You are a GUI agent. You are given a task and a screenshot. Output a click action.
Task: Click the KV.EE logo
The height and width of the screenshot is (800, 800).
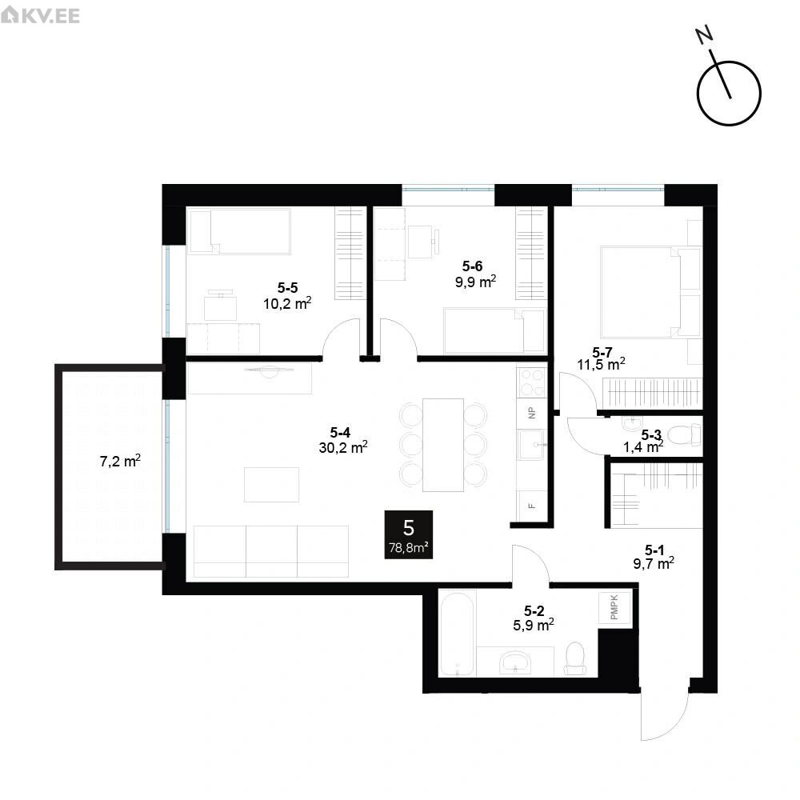click(40, 14)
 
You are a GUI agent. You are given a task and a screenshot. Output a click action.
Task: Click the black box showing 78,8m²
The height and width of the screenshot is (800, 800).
click(409, 534)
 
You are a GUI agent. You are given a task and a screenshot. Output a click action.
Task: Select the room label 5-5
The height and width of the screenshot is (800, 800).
click(288, 288)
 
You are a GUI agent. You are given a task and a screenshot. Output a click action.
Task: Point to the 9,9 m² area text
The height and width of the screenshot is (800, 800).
click(475, 282)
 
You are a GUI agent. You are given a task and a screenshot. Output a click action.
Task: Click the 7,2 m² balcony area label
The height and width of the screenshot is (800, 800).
click(120, 462)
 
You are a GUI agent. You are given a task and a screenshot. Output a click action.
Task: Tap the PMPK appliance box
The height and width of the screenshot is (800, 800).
click(614, 607)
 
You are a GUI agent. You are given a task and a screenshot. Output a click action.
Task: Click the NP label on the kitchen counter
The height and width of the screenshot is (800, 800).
click(532, 413)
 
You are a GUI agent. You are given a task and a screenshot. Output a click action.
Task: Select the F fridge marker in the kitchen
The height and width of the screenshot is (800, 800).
click(532, 506)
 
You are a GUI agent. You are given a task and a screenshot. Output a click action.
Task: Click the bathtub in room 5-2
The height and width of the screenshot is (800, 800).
click(457, 633)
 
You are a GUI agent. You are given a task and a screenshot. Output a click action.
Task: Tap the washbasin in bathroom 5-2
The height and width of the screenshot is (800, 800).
click(516, 662)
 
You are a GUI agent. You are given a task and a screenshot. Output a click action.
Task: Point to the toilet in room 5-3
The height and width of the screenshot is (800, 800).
click(684, 435)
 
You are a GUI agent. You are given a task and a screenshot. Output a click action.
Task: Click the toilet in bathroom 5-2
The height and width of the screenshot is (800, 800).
click(575, 658)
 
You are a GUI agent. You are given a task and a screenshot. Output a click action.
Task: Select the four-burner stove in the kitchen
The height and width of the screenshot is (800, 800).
click(532, 382)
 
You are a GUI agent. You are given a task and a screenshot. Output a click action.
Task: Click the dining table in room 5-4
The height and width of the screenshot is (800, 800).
click(443, 445)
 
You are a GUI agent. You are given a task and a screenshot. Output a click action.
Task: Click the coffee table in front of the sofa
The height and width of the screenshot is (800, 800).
click(271, 485)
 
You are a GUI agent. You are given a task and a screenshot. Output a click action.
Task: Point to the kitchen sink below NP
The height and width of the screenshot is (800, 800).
click(532, 444)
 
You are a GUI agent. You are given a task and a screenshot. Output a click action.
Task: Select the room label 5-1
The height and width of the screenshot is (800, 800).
click(654, 550)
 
